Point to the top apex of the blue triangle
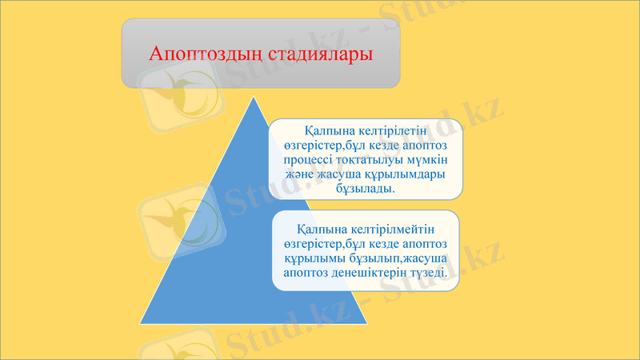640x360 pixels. (x=254, y=98)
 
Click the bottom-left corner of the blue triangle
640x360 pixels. (x=141, y=324)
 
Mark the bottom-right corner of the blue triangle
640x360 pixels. (x=367, y=324)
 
